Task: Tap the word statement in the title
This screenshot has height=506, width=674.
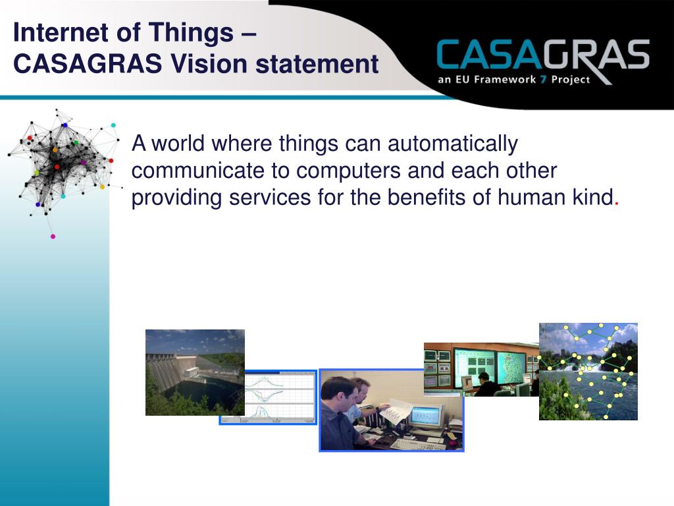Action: tap(317, 64)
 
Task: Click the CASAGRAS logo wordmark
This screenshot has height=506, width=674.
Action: tap(543, 55)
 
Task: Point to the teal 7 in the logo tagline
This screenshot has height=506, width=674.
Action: tap(543, 79)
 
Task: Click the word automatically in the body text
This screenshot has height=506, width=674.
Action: tap(453, 144)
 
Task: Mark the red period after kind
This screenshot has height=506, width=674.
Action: tap(617, 204)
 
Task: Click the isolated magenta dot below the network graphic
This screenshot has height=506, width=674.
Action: tap(53, 237)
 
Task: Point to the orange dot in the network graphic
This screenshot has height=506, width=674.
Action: tap(55, 150)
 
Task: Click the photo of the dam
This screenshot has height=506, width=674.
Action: tap(195, 372)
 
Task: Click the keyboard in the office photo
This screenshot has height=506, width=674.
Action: tap(417, 444)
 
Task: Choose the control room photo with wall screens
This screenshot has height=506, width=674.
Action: tap(481, 369)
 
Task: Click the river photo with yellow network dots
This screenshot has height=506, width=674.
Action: tap(588, 372)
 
